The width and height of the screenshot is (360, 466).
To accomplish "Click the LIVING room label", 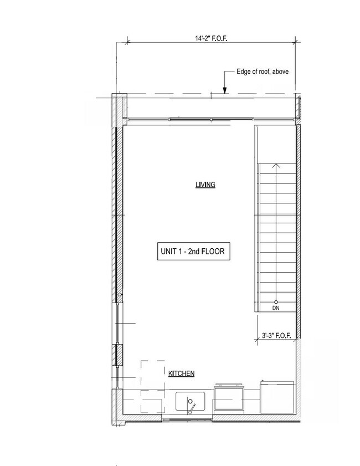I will point(205,185).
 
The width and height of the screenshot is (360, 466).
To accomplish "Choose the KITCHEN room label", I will point(181,374).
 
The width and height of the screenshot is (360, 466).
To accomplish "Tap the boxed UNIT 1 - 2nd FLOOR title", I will point(191,251).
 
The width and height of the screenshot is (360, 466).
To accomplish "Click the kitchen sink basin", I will point(191,401).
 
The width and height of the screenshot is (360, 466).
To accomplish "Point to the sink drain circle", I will point(189,400).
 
